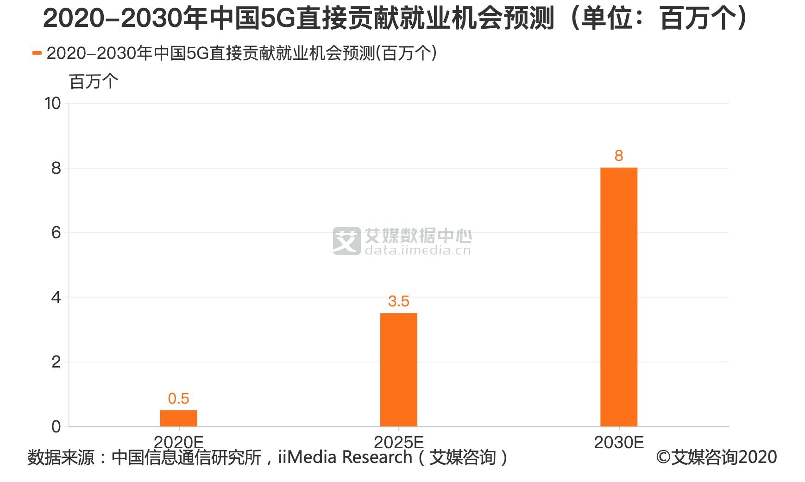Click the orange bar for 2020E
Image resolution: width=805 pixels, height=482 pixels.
point(178,418)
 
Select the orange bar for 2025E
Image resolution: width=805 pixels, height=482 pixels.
point(398,369)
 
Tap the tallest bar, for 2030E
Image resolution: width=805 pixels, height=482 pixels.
point(618,297)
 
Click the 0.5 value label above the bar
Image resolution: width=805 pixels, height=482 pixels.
point(178,398)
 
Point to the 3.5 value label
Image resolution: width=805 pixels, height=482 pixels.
point(398,301)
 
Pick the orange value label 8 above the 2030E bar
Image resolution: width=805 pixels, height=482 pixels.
point(618,156)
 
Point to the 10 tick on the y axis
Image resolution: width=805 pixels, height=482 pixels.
point(53,103)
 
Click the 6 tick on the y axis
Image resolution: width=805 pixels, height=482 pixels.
point(56,233)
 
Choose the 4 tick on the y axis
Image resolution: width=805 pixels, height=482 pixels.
point(56,297)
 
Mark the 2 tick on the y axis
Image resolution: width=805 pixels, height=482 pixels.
point(56,362)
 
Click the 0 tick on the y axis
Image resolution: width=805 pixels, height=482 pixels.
point(56,426)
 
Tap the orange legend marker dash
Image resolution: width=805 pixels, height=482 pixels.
point(37,53)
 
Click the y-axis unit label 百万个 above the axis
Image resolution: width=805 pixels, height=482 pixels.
point(94,82)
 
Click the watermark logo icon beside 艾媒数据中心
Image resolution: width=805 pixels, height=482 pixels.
point(346,241)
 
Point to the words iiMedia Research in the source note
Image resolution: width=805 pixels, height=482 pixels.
point(345,457)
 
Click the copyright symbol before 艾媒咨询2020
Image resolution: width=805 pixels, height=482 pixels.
point(663,457)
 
